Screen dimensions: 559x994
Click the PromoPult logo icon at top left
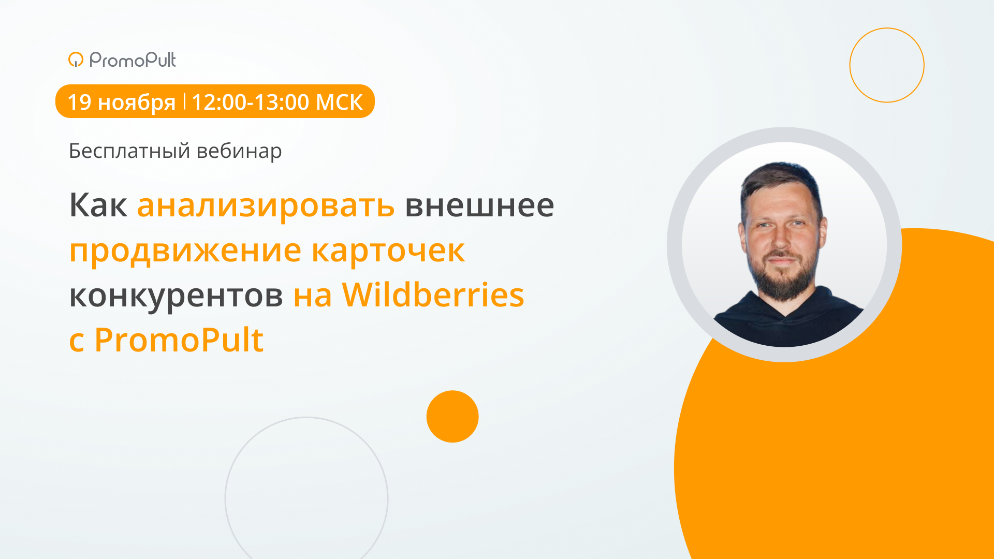click(x=76, y=60)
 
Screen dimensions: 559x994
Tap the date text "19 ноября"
click(x=121, y=102)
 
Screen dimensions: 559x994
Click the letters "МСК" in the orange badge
click(x=339, y=102)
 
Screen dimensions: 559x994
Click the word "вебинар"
click(x=239, y=151)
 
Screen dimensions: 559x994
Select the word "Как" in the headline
click(x=98, y=205)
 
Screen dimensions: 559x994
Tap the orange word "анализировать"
click(x=266, y=205)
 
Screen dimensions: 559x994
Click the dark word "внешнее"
click(x=479, y=205)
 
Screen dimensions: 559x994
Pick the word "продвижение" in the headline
click(x=185, y=251)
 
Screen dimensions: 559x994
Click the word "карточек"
click(x=388, y=251)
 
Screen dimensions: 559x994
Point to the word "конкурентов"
click(x=176, y=296)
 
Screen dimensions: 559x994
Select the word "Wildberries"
click(x=433, y=295)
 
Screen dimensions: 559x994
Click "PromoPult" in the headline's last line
click(x=179, y=340)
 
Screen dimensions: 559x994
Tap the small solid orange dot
click(x=452, y=417)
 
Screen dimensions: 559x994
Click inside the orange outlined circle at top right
click(x=887, y=65)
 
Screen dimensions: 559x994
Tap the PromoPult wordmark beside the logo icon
click(x=133, y=60)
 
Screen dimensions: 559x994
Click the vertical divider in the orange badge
click(x=184, y=101)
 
